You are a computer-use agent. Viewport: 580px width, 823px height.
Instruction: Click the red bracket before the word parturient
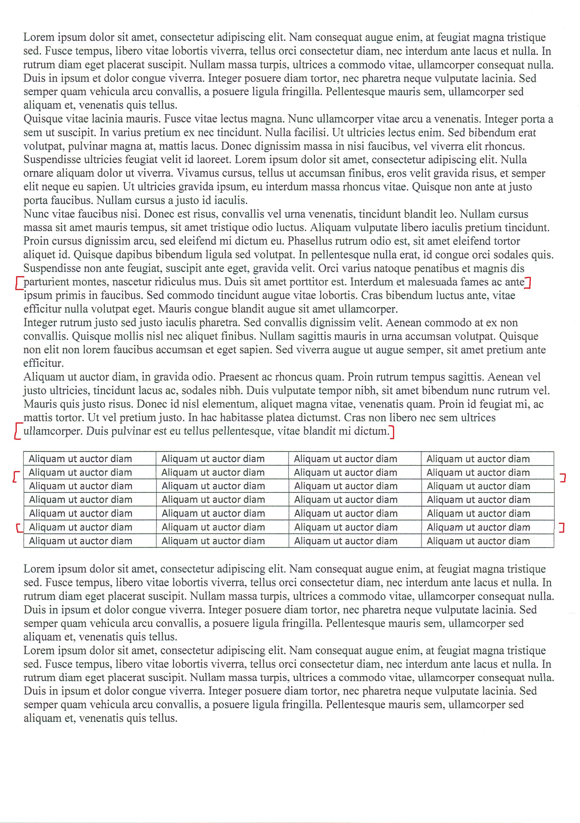19,283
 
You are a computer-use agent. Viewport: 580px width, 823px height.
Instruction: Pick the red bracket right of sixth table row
563,528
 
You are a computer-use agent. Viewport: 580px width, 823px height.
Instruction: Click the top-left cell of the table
90,459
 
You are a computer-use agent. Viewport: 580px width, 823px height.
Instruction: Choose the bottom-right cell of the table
487,541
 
